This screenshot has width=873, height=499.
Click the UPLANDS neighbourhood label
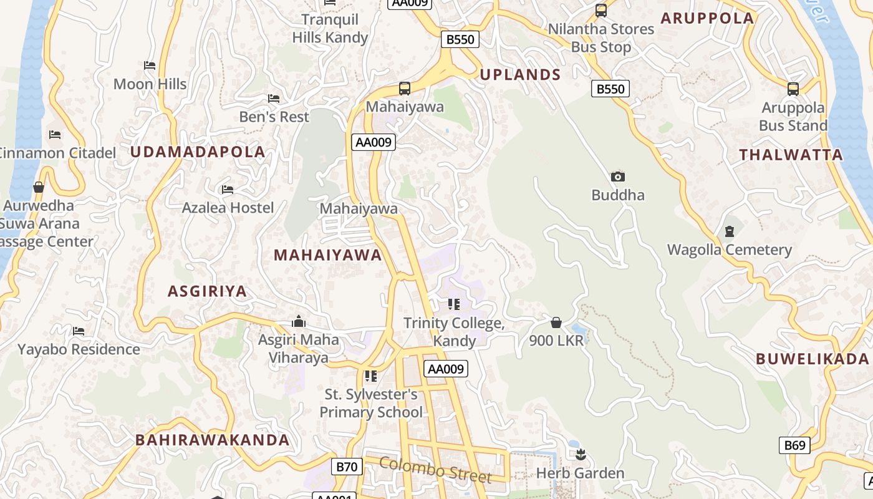coord(520,75)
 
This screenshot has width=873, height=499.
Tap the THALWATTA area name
coord(791,155)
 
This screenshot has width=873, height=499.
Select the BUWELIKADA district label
coord(812,359)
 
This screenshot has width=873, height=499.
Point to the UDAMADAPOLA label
coord(198,152)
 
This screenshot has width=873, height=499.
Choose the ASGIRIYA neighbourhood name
coord(208,291)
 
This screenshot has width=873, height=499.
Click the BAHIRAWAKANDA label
coord(213,440)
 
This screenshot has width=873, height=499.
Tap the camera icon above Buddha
coord(618,177)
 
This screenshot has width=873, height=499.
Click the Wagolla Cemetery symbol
coord(730,232)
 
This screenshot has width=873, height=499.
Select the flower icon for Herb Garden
coord(581,454)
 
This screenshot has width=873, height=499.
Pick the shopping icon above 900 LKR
coord(556,322)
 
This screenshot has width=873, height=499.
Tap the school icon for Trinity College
coord(454,304)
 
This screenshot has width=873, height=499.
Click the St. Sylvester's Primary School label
coord(371,403)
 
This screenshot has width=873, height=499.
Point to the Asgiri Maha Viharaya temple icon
coord(299,322)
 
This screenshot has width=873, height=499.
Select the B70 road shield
coord(346,466)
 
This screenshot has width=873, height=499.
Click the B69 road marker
coord(794,445)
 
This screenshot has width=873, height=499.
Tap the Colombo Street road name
coord(435,470)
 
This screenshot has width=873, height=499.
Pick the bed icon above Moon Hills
coord(150,65)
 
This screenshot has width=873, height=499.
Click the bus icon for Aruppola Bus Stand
coord(793,89)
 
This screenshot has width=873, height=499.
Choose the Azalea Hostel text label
coord(228,208)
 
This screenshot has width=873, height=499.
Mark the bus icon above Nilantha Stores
coord(601,11)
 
